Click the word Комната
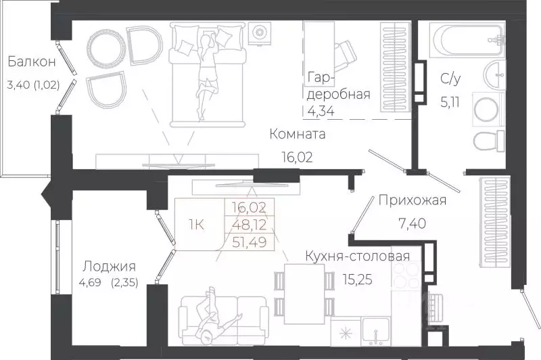pos(298,134)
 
